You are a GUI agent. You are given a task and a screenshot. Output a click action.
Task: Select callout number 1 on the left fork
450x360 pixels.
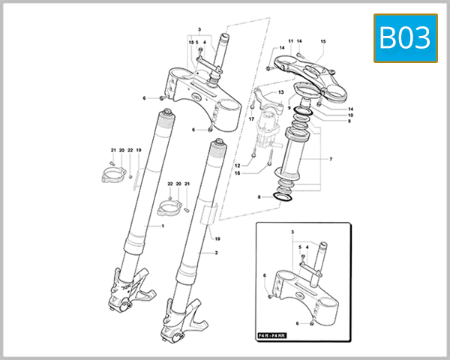[x=162, y=226]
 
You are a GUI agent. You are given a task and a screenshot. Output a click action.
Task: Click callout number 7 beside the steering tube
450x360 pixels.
[x=331, y=160]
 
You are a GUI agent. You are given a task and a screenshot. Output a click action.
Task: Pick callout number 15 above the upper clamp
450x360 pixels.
[x=323, y=41]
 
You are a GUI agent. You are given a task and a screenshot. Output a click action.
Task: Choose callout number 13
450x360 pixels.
[x=281, y=92]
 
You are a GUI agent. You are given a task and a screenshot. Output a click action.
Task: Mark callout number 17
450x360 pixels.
[x=252, y=119]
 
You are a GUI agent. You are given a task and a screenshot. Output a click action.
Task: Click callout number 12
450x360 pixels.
[x=236, y=165]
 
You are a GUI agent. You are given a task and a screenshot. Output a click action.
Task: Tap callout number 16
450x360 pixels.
[x=236, y=173]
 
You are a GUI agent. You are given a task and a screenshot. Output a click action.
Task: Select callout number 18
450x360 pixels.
[x=191, y=43]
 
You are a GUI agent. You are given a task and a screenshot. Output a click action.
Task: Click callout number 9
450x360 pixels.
[x=289, y=108]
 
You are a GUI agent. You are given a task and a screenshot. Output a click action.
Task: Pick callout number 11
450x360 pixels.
[x=290, y=41]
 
